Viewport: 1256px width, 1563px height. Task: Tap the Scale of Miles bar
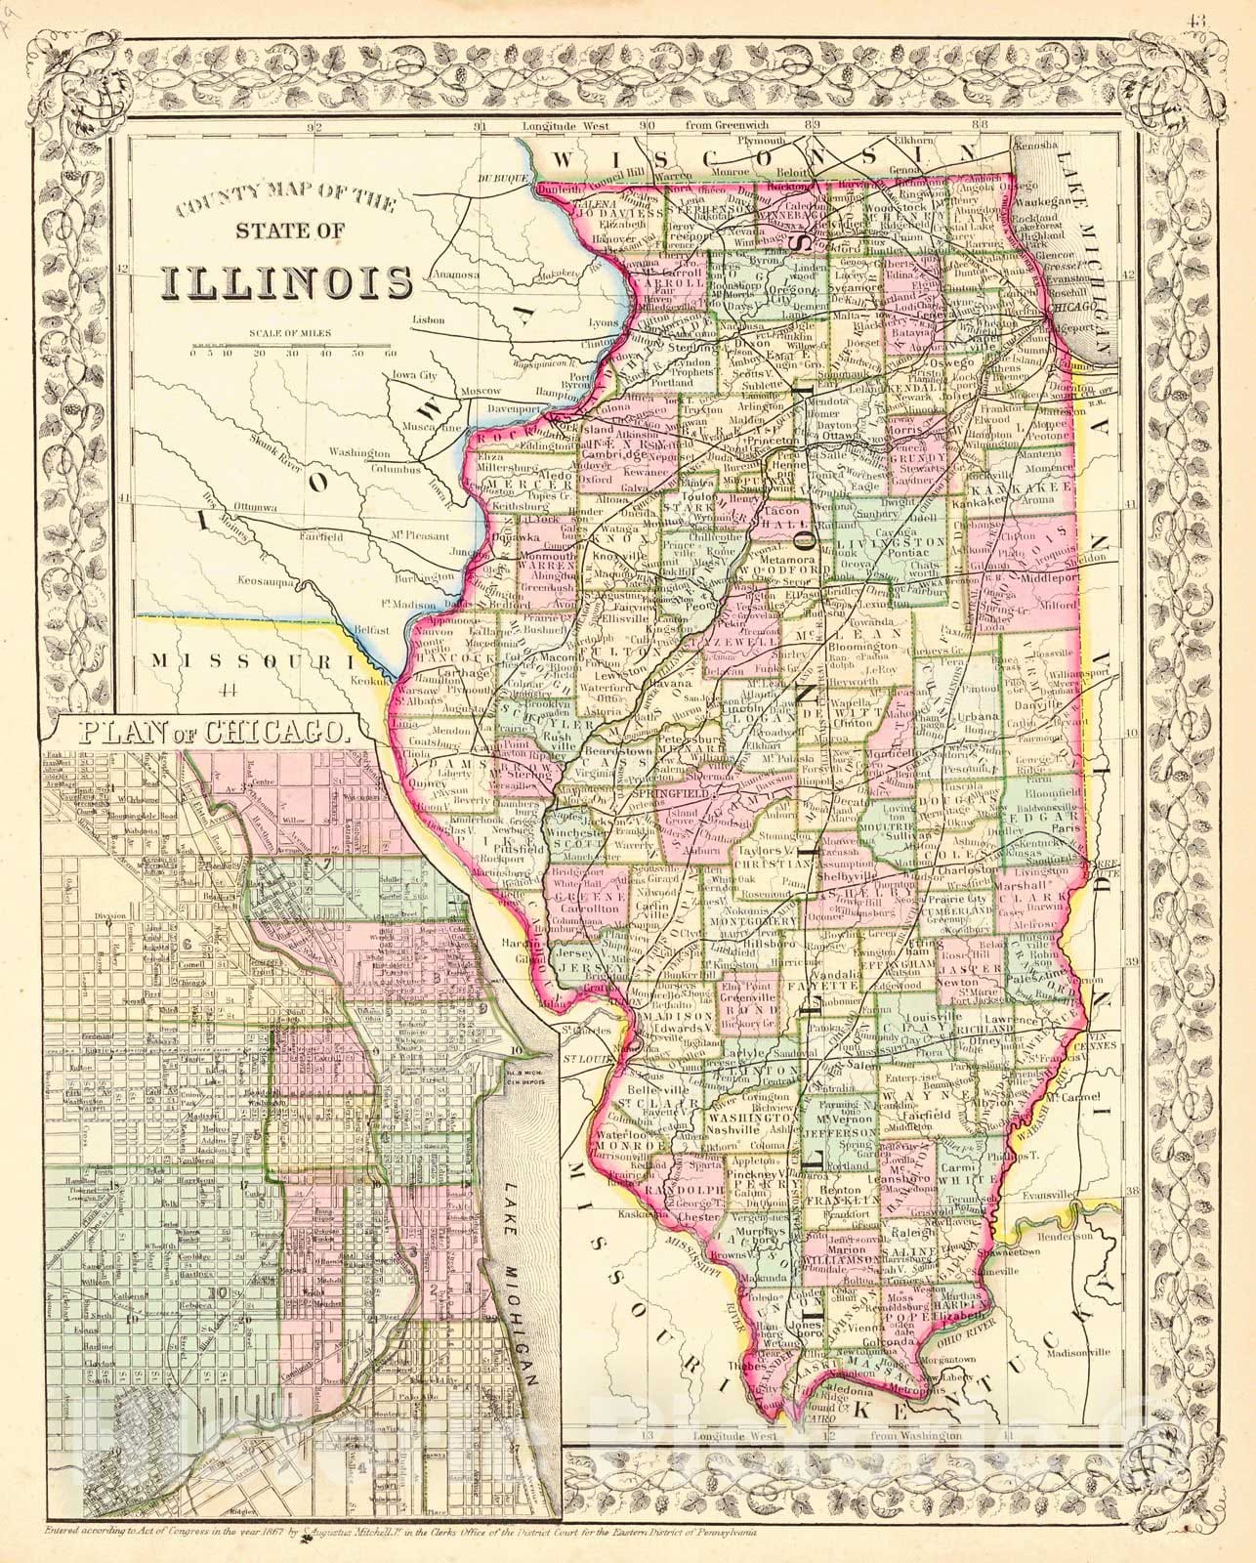click(294, 347)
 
